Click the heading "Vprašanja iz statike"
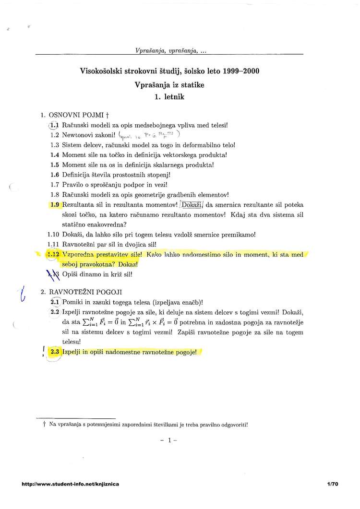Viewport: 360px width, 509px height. point(170,85)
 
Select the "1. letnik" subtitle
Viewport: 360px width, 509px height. point(170,96)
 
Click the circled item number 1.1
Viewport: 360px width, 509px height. point(54,126)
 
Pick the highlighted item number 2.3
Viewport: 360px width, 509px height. point(54,352)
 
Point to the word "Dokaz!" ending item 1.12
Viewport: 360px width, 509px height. point(128,264)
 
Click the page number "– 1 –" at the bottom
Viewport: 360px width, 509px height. point(170,440)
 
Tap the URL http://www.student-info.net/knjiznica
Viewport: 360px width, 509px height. point(70,485)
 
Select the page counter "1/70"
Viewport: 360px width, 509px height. point(333,485)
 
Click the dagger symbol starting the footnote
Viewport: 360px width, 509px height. point(44,425)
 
